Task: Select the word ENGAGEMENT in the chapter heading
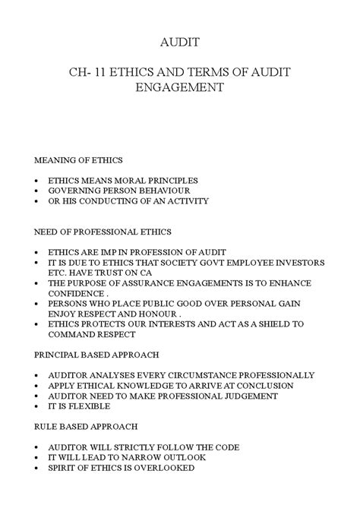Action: (179, 87)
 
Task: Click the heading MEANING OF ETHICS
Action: (79, 160)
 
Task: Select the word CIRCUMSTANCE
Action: (210, 375)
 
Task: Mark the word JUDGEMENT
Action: (245, 396)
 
